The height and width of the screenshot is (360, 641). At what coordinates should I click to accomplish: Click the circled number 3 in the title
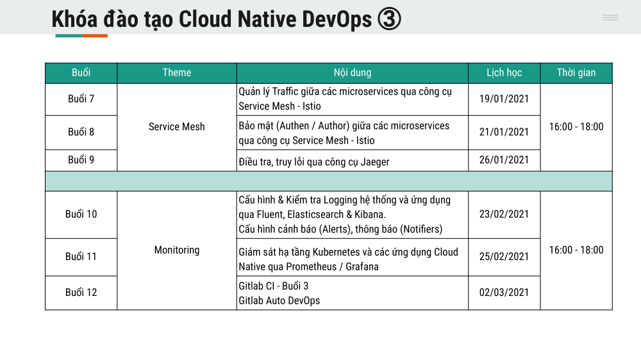389,19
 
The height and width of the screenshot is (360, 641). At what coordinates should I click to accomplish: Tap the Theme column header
177,73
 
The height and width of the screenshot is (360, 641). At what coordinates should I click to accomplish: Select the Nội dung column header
353,73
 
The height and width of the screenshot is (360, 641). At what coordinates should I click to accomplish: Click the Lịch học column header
504,73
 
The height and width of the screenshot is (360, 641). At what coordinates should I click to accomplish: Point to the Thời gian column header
576,73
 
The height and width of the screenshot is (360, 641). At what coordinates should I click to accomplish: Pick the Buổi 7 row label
81,99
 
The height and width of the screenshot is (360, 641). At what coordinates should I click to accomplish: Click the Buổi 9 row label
81,160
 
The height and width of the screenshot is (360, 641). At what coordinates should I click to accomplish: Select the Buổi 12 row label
81,293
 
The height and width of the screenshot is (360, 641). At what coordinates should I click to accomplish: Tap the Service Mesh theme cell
177,127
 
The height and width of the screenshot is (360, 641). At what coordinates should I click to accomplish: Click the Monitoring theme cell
177,250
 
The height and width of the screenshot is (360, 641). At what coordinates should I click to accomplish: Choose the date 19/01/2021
504,99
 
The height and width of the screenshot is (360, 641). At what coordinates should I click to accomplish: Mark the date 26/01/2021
504,160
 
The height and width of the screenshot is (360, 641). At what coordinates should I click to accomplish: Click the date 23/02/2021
504,214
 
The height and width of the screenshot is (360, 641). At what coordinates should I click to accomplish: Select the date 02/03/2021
504,293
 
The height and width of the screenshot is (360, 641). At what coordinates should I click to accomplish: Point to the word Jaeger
375,162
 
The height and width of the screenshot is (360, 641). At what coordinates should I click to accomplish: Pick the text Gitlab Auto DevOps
279,301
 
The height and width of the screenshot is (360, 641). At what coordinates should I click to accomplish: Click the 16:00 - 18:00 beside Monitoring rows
576,250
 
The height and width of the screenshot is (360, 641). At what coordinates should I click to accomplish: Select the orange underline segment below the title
94,36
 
